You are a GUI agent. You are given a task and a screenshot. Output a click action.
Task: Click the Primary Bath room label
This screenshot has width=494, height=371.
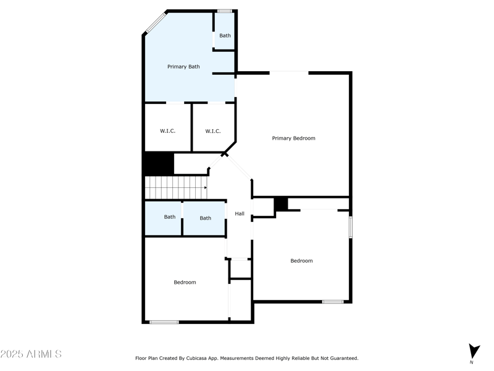click(183, 66)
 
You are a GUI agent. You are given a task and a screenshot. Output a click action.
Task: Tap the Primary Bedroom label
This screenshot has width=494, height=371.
click(293, 138)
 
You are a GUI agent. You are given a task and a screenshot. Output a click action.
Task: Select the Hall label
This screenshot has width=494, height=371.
click(240, 214)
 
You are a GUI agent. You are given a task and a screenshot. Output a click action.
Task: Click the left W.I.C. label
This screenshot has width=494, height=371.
click(167, 131)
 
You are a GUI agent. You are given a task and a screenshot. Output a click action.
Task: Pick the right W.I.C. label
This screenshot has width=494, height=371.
click(212, 131)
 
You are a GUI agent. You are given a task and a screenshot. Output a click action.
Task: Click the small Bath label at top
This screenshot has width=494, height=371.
click(225, 35)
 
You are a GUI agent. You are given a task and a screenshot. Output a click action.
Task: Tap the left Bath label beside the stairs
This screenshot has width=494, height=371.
click(169, 217)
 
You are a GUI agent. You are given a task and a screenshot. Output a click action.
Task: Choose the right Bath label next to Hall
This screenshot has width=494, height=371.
click(205, 218)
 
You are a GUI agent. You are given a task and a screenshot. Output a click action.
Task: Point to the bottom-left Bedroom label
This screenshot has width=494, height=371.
click(185, 282)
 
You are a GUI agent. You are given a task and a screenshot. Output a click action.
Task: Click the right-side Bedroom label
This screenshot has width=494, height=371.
click(301, 260)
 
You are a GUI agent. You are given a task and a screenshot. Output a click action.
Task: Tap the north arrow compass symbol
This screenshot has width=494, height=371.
click(474, 351)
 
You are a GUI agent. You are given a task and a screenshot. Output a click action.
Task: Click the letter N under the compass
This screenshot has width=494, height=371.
click(471, 362)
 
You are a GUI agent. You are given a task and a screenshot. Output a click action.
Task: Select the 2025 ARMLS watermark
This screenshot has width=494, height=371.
click(31, 354)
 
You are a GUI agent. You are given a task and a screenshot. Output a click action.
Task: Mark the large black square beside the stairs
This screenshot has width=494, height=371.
click(158, 163)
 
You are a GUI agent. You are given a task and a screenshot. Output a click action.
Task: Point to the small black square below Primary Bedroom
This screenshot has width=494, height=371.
click(281, 203)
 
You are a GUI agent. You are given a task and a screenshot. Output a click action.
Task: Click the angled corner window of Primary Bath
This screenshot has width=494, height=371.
click(155, 22)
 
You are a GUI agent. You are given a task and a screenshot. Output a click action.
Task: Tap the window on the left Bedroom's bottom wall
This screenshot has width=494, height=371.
click(164, 322)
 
